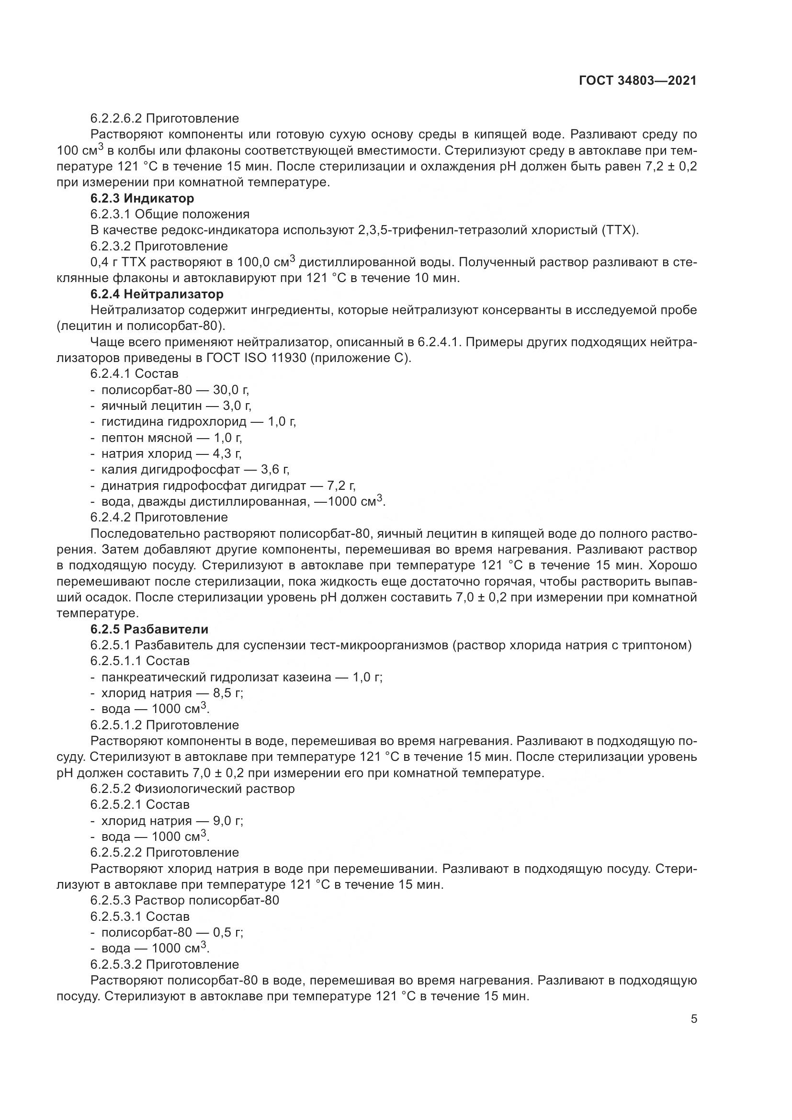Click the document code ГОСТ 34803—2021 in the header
click(637, 81)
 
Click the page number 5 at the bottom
click(694, 1019)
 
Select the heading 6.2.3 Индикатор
click(142, 199)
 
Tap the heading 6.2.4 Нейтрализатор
click(157, 294)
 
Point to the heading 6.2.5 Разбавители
click(149, 629)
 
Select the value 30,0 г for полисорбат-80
click(231, 390)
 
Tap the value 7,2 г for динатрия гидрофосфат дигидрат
click(341, 486)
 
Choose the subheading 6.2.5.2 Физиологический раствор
click(192, 789)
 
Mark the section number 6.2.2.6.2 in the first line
click(115, 119)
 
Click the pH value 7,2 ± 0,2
click(670, 167)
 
